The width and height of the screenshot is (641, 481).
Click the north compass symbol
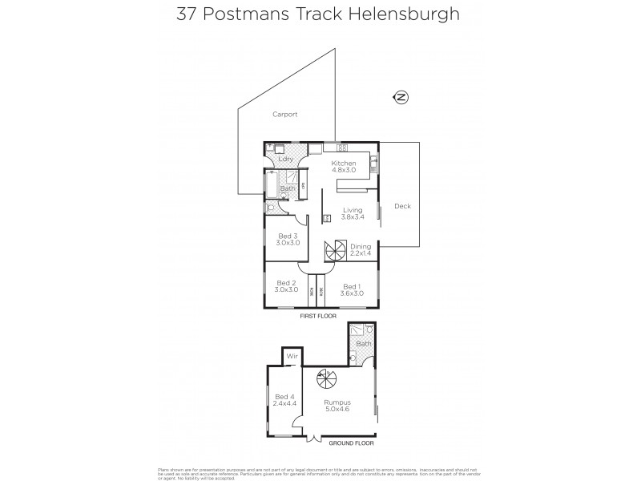click(x=401, y=98)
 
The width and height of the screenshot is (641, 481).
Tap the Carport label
click(x=284, y=115)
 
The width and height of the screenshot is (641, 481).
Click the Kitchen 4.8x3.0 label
click(x=344, y=168)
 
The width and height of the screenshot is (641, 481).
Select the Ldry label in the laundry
click(x=284, y=159)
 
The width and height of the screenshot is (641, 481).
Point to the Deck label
click(x=402, y=206)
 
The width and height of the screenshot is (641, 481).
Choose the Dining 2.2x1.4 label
click(x=361, y=250)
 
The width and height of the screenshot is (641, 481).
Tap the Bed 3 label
click(x=287, y=239)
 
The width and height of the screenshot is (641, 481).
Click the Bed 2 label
click(x=287, y=286)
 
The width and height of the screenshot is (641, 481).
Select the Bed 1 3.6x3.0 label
click(x=353, y=290)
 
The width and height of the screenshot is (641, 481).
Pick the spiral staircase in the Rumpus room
click(x=324, y=376)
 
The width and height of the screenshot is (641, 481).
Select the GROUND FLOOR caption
click(x=354, y=443)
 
